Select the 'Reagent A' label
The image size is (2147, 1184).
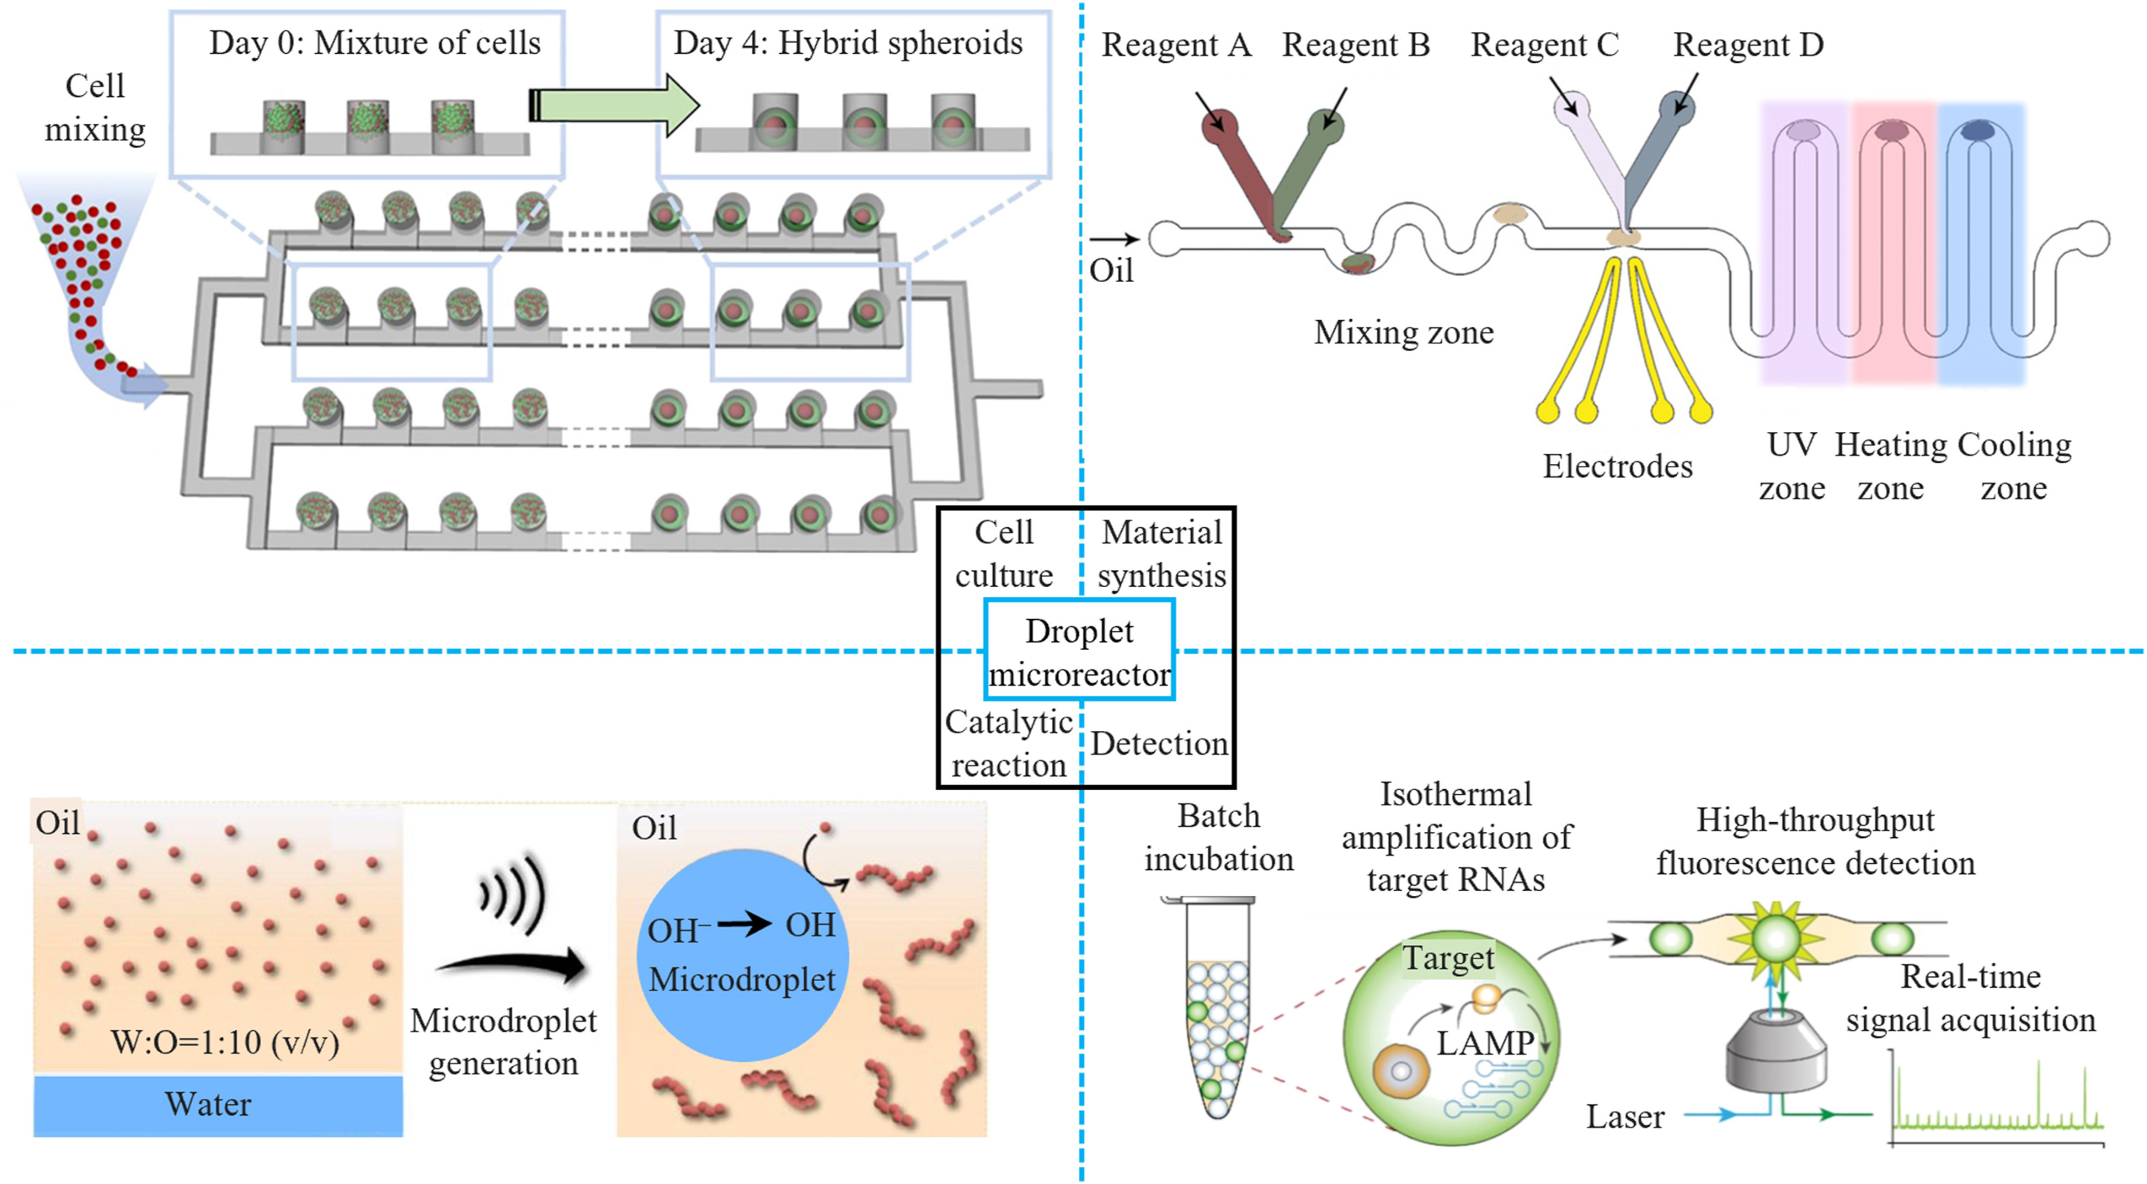[1176, 45]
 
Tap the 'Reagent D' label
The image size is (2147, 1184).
[1748, 45]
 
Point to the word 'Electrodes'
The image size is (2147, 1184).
[1617, 467]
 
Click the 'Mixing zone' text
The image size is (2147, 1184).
[1403, 332]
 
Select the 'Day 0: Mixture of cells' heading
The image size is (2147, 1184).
[374, 44]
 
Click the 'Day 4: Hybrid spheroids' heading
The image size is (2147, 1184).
[848, 44]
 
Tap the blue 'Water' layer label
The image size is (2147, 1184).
[209, 1104]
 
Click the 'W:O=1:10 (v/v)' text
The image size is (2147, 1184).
[225, 1042]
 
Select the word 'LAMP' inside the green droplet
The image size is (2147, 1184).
[1484, 1042]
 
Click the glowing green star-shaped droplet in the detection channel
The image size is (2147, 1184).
[1776, 938]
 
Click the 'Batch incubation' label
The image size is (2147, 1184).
[1219, 837]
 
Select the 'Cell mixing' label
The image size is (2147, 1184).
[95, 108]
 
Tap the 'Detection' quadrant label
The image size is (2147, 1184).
[1159, 743]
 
